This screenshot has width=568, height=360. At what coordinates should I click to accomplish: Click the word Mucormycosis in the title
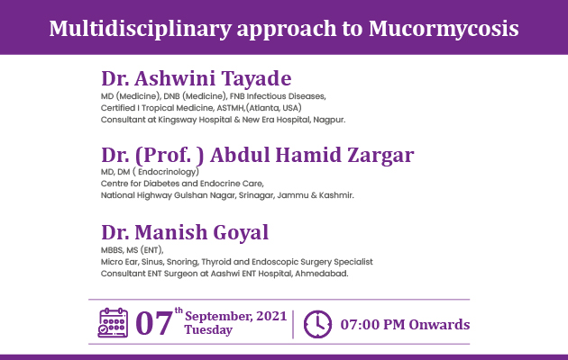444,29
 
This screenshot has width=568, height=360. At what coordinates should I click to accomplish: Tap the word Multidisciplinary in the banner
140,29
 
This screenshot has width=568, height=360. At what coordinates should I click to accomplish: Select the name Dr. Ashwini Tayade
197,78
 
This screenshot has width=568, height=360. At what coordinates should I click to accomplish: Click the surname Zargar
380,156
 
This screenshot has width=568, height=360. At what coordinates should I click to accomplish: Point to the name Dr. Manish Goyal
185,232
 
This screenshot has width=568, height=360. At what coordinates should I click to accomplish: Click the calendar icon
113,323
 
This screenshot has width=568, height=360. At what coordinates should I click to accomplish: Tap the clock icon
317,324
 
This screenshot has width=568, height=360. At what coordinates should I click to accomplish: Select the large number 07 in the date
153,323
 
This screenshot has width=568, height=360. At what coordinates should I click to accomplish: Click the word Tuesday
208,330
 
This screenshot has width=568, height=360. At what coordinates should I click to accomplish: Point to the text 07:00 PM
372,325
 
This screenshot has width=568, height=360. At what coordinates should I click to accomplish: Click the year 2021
271,316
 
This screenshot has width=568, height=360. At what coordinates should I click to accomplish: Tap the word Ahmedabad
321,274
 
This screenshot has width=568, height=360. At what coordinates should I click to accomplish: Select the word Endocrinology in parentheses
168,172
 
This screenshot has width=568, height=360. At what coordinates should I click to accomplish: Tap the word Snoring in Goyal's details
182,262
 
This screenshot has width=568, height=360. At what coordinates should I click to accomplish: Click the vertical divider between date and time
293,324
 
